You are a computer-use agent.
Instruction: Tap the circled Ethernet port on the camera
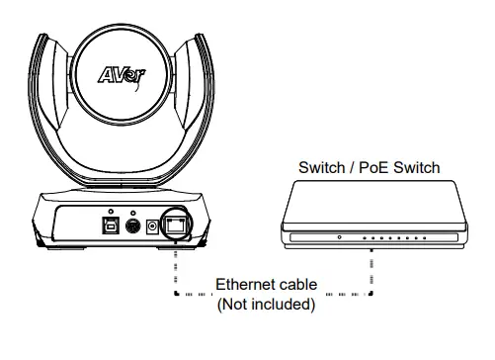click(x=175, y=225)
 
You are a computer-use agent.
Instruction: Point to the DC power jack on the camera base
click(x=153, y=225)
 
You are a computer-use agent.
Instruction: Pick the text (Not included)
click(x=265, y=305)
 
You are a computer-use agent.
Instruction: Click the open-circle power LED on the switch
click(x=339, y=238)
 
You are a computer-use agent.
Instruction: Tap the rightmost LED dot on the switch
click(x=424, y=238)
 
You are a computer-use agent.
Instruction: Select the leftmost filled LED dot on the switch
click(x=367, y=238)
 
